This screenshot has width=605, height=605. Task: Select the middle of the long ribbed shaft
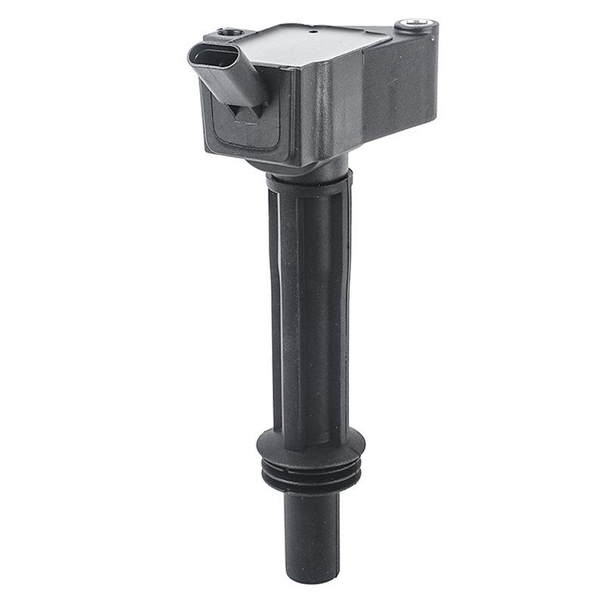click(x=310, y=302)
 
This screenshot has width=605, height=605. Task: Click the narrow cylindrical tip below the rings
click(x=312, y=529)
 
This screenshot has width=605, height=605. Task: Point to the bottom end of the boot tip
click(x=312, y=579)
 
